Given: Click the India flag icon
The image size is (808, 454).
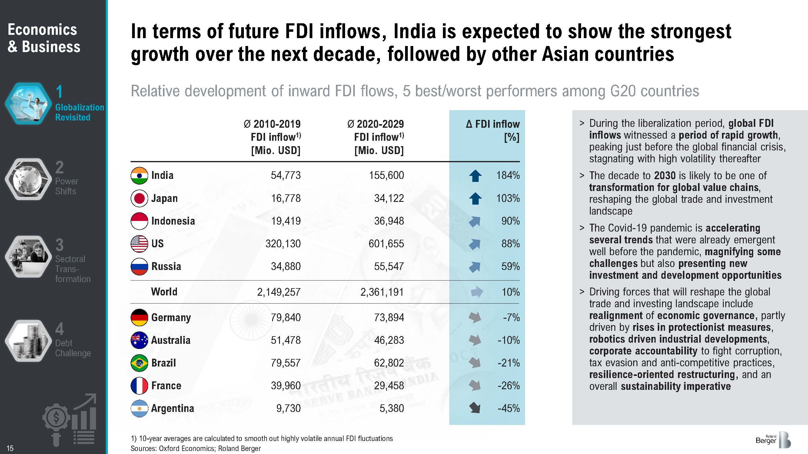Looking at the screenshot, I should coord(139,176).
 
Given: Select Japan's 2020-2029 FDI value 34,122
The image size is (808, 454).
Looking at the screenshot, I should coord(389,198).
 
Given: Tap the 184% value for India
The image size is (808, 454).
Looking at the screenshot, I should coord(507,176).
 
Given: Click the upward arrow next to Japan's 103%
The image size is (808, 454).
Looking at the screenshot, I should coord(475,198).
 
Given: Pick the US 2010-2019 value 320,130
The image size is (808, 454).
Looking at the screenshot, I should coord(283,244).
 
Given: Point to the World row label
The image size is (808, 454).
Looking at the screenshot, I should coord(164,292).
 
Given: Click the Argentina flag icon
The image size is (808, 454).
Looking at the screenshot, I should coord(139,408).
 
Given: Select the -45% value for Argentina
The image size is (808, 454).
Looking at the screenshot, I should coord(508,408).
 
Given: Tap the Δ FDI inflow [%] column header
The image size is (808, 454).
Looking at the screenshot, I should coord(493,131).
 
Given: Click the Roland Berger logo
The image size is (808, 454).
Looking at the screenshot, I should coord(773,440).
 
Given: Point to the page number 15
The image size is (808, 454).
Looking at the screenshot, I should coord(10,448).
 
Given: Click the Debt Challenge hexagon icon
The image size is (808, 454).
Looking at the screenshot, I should coord(28,341).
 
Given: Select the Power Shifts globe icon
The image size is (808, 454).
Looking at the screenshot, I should coord(28,179).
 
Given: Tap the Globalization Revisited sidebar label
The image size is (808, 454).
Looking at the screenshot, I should coord(79,112).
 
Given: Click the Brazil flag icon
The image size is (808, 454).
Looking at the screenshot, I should coord(139,363).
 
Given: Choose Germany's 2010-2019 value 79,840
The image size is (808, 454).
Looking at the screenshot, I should coord(285,318).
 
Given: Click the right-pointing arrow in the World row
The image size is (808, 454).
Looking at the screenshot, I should coord(477,292).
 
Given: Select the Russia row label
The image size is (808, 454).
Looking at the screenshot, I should coord(166,267).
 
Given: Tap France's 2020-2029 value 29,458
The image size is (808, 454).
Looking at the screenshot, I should coord(389,386).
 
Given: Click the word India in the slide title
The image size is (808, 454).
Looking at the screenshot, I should coord(415,32).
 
